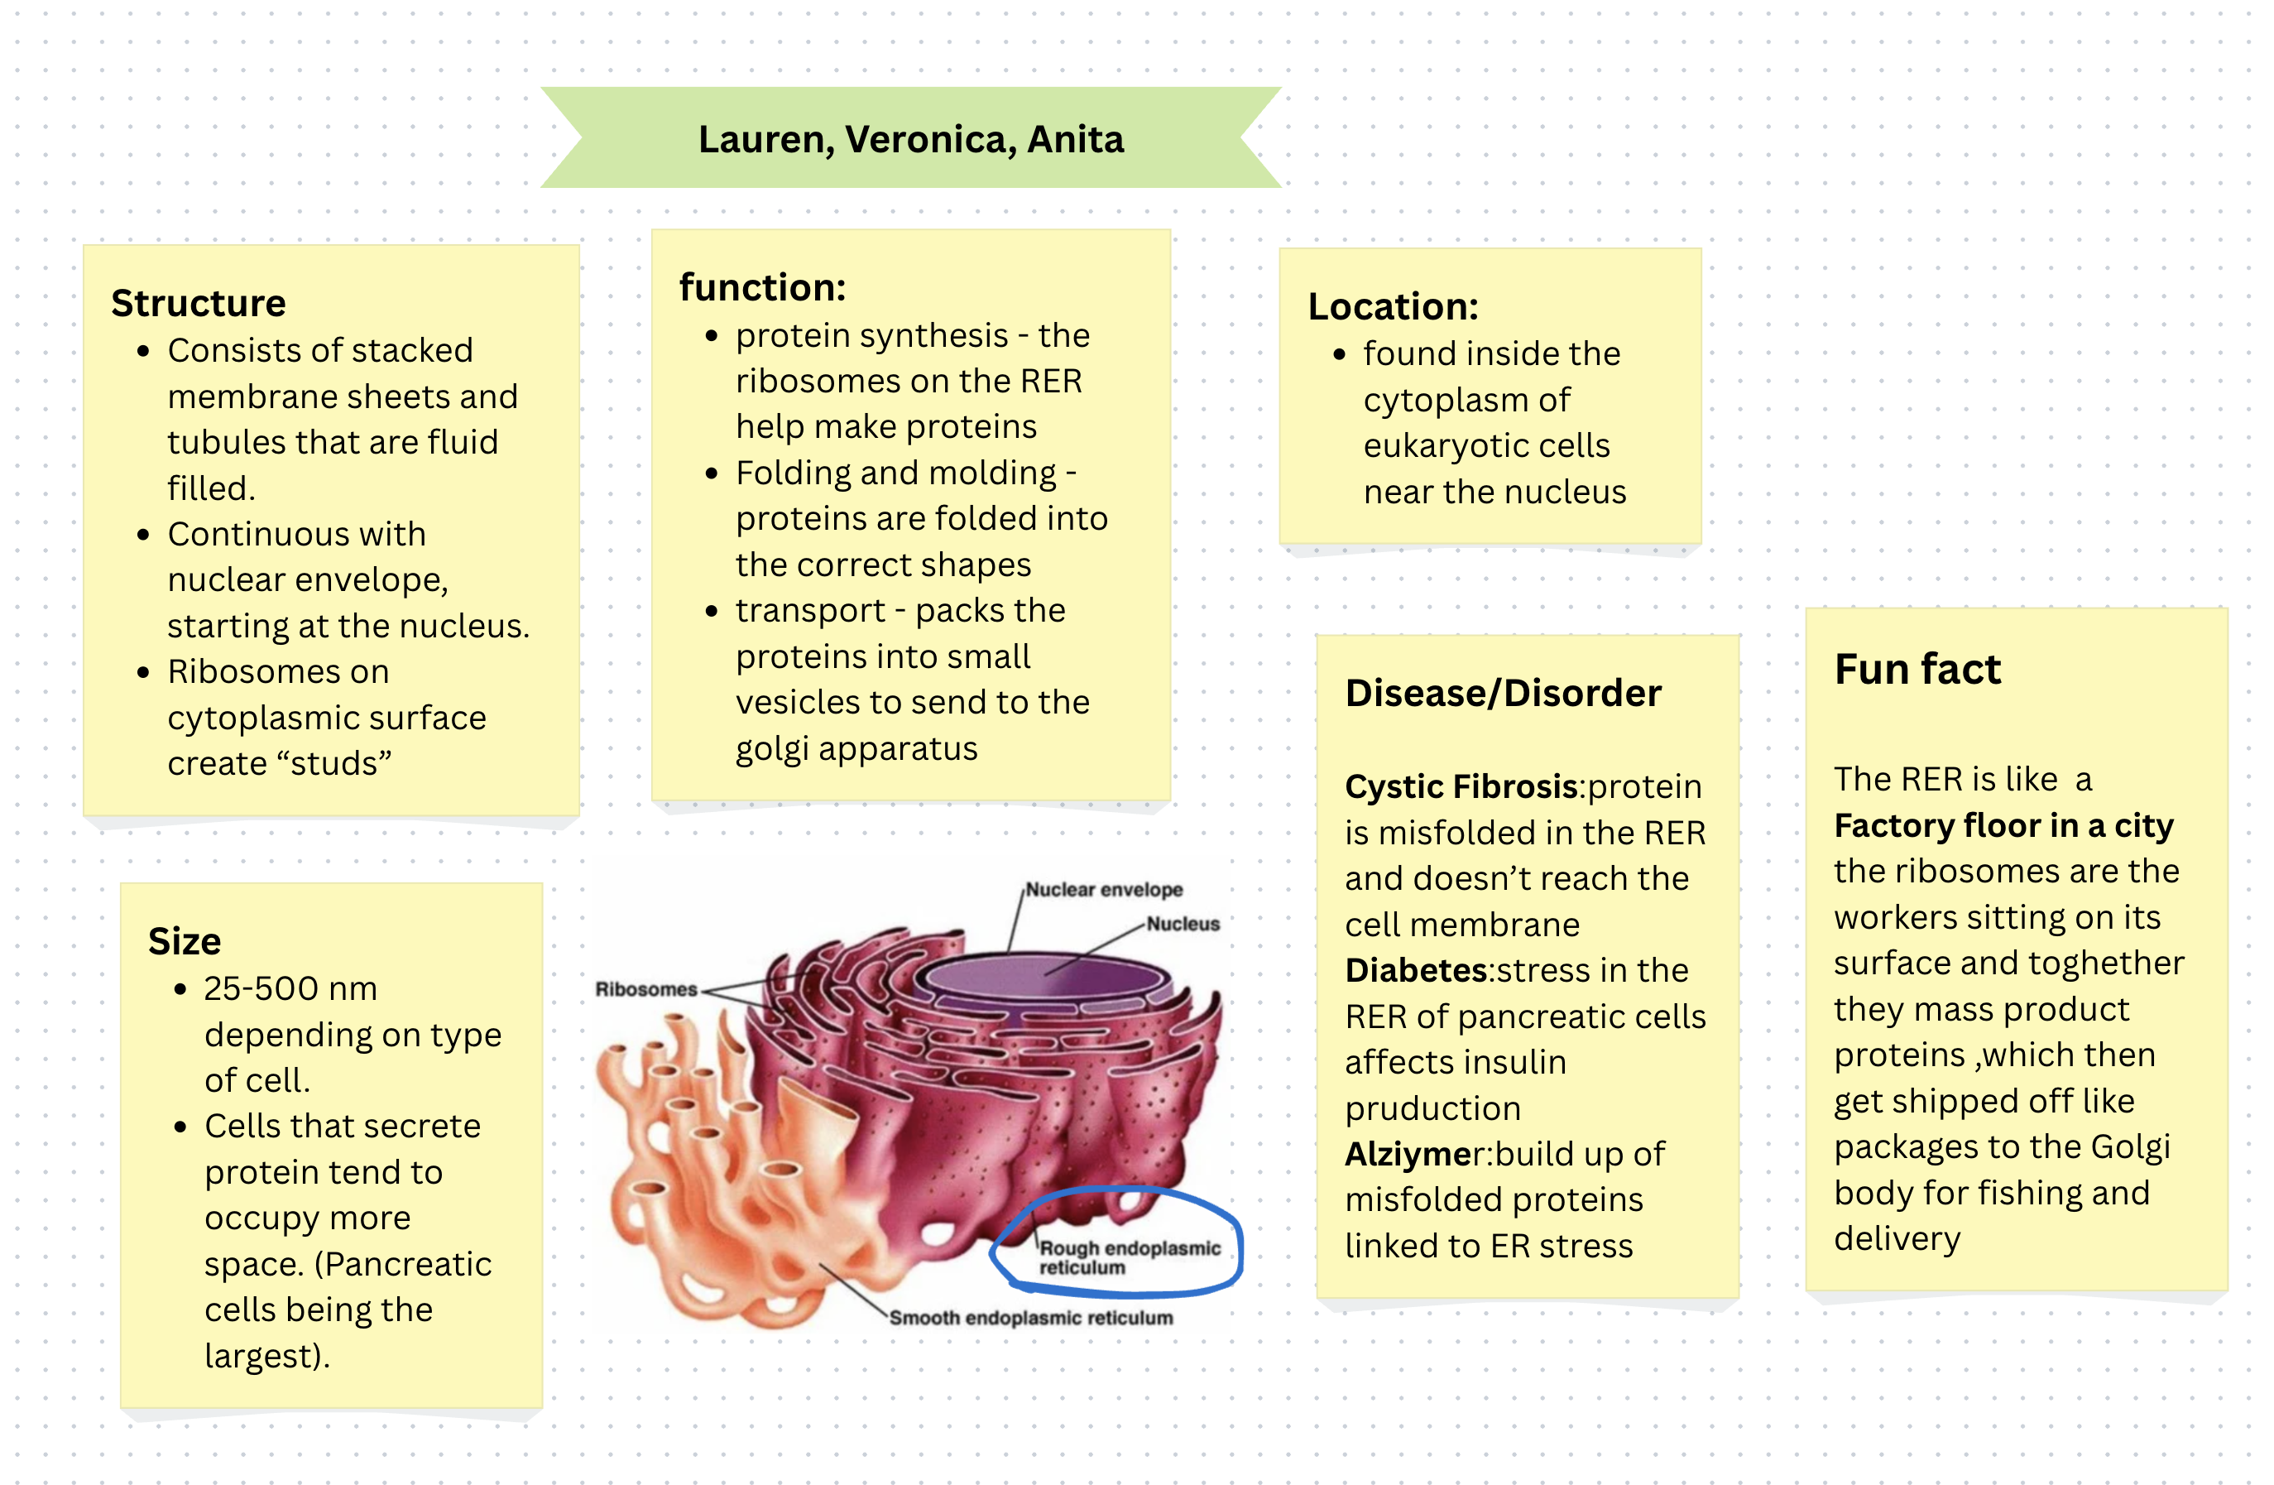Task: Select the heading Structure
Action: [198, 303]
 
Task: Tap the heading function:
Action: [761, 287]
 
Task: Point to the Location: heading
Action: [1392, 307]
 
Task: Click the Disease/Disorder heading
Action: [1502, 693]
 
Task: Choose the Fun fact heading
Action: [1917, 669]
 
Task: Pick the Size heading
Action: [185, 941]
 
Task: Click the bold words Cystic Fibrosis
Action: [1461, 786]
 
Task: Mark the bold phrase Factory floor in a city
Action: [2003, 824]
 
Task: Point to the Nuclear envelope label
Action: [1104, 890]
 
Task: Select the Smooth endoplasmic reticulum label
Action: [1030, 1318]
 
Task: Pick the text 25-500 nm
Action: [290, 988]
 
